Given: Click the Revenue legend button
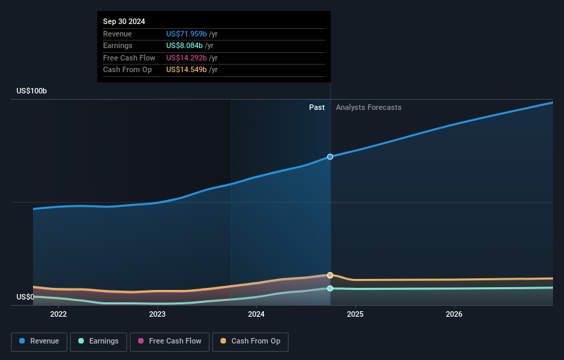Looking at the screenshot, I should tap(38, 341).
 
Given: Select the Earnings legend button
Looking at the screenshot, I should tap(98, 341).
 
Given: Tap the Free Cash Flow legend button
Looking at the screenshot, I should tap(168, 341).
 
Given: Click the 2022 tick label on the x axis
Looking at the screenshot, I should tap(58, 315).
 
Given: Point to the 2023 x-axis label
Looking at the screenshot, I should tap(157, 315).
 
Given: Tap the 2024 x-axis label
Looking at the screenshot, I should tap(256, 315).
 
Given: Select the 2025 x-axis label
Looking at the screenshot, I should tap(355, 315).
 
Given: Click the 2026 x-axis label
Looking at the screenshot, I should tap(454, 315).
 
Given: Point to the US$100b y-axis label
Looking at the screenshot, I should tap(32, 91).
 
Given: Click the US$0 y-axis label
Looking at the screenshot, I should tap(25, 297).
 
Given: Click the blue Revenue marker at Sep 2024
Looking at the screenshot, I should tap(330, 157).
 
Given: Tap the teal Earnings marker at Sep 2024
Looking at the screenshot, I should tap(330, 289).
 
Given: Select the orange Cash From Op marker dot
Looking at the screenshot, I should tap(330, 275).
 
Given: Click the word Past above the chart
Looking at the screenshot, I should tap(317, 107).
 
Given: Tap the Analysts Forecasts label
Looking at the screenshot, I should tap(368, 107).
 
